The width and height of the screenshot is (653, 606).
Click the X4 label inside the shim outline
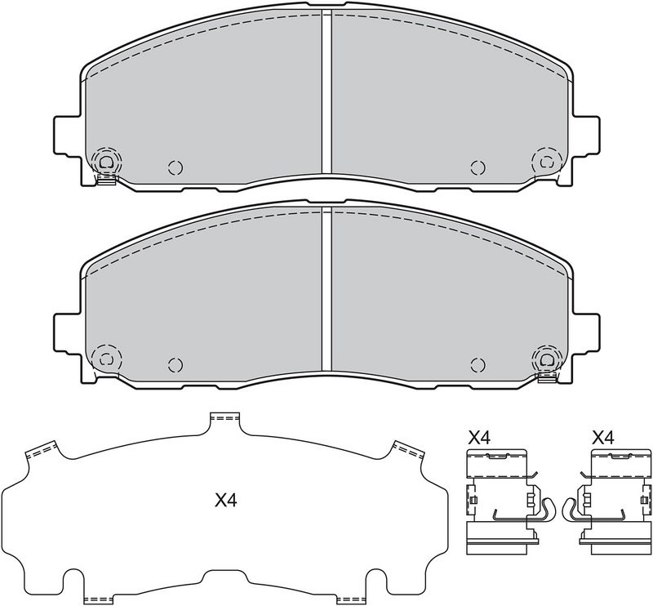coord(226,500)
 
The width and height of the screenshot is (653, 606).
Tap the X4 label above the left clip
coord(480,438)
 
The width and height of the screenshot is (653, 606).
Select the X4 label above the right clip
coord(603,438)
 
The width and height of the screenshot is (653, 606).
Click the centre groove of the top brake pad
coord(326,91)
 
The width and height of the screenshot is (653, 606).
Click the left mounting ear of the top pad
coord(67,136)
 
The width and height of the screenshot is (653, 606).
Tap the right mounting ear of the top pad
coord(586,136)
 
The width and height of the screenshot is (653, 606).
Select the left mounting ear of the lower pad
coord(67,333)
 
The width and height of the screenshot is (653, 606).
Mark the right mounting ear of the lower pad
coord(586,333)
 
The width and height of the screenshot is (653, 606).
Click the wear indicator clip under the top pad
coord(106,180)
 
